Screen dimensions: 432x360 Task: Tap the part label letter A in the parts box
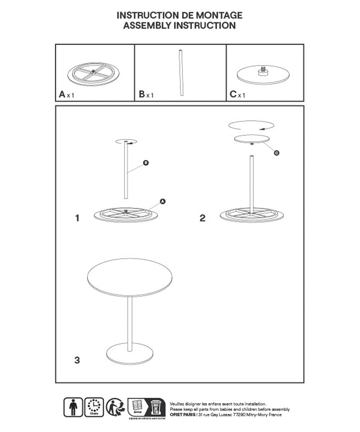pos(62,95)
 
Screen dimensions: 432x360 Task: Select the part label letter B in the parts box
pos(142,95)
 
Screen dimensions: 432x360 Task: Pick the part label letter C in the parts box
pos(233,95)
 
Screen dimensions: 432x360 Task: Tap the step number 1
pos(77,218)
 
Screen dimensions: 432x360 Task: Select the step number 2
pos(202,218)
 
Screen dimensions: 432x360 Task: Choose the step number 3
pos(77,360)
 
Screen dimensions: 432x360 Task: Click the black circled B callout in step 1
pos(145,163)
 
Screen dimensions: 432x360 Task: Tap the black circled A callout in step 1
pos(162,201)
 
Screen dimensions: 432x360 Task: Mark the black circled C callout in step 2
pos(276,153)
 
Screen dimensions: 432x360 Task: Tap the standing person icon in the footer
pos(73,407)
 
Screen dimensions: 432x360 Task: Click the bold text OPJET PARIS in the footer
pos(182,415)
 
